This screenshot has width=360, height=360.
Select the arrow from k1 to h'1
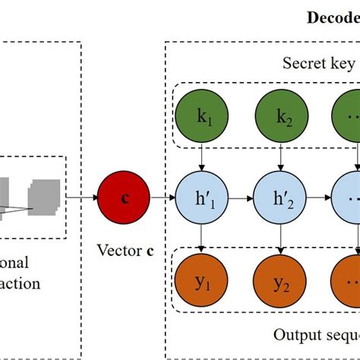tap(200, 160)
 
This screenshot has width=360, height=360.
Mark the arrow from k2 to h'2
tap(278, 160)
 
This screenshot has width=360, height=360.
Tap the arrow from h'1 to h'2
tap(238, 200)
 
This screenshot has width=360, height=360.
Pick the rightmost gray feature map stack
tap(45, 196)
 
